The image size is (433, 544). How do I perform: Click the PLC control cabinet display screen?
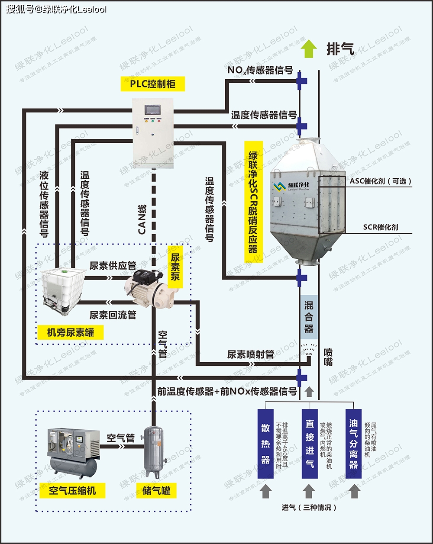pos(152,108)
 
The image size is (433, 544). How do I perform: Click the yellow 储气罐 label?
pos(156,490)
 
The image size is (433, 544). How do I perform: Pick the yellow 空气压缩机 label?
pos(72,490)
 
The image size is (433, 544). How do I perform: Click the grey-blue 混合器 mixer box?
pos(308,317)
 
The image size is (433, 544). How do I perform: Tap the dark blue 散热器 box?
pos(265,444)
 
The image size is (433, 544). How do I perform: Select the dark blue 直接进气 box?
pos(310,444)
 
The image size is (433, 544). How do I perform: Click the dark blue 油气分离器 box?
pos(353,444)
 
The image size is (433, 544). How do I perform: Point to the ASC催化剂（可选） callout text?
pos(380,181)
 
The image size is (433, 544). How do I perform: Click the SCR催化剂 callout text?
pos(380,227)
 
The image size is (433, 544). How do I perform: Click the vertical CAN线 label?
pos(142,219)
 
